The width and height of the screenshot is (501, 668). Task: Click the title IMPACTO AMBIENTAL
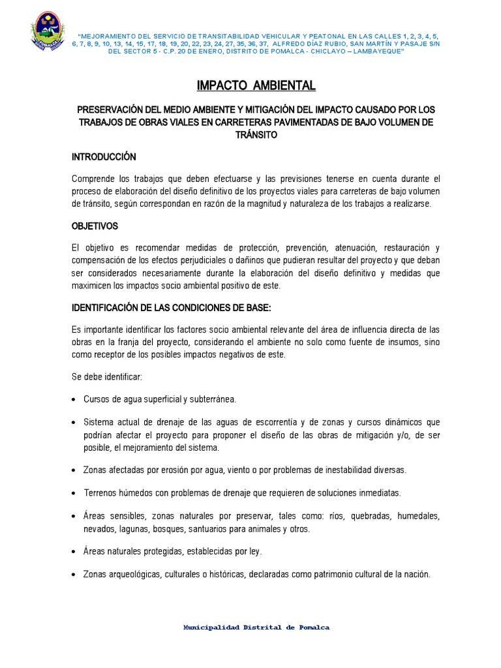point(256,85)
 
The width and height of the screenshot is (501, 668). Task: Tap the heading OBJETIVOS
point(95,226)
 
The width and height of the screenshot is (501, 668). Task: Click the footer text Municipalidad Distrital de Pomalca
point(256,627)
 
